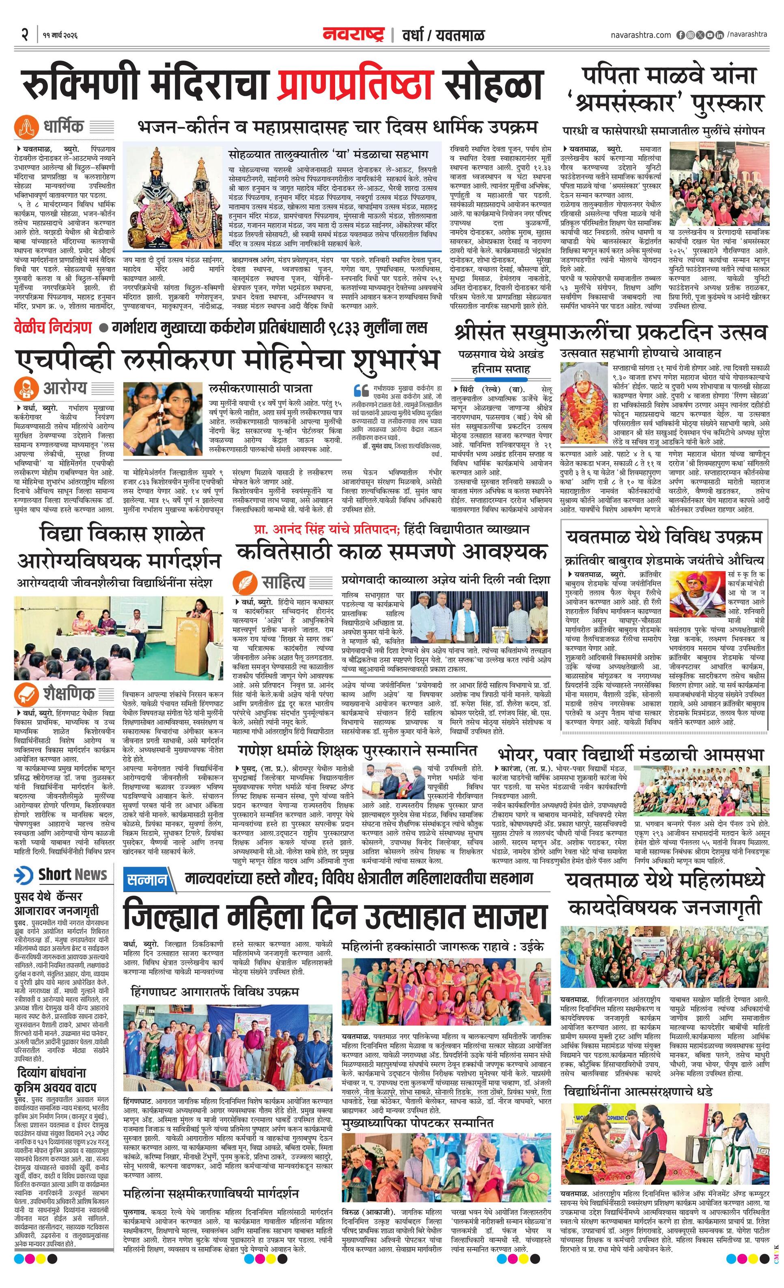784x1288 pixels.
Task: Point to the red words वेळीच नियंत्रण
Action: click(x=53, y=328)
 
